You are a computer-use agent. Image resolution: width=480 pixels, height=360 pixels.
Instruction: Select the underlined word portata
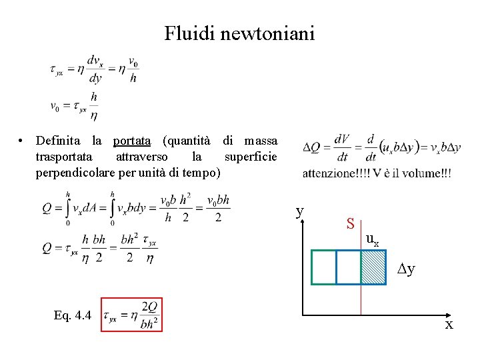pyautogui.click(x=131, y=141)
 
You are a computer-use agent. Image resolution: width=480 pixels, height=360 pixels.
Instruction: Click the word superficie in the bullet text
pyautogui.click(x=251, y=157)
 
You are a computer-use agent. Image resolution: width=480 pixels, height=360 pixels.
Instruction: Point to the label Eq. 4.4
pyautogui.click(x=73, y=315)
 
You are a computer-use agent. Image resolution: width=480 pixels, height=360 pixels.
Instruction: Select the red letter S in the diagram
pyautogui.click(x=349, y=224)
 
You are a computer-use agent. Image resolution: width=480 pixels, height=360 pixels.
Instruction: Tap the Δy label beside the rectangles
pyautogui.click(x=406, y=269)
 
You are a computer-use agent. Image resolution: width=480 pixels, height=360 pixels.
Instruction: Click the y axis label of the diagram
pyautogui.click(x=300, y=211)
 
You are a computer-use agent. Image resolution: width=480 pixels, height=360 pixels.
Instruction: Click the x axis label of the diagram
pyautogui.click(x=449, y=325)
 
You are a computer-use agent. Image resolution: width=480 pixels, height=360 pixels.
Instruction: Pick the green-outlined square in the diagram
pyautogui.click(x=324, y=267)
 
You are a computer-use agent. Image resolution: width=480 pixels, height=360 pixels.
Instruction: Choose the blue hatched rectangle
pyautogui.click(x=373, y=267)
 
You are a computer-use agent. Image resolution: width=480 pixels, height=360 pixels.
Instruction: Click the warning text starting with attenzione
pyautogui.click(x=377, y=173)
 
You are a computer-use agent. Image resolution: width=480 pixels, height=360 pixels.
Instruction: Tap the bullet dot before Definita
pyautogui.click(x=22, y=141)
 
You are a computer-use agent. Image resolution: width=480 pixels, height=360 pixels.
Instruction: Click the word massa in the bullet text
pyautogui.click(x=261, y=141)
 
